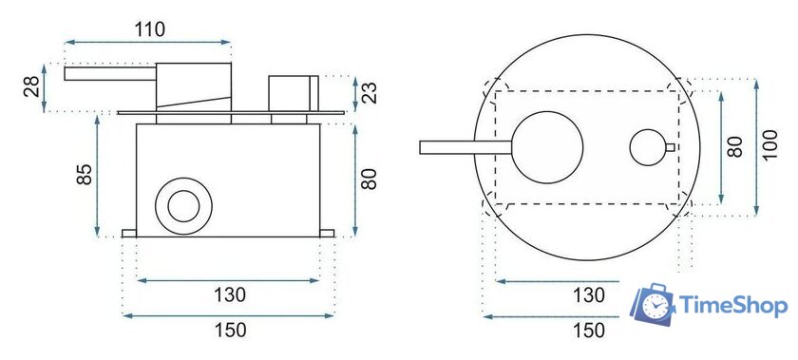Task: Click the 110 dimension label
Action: (x=150, y=30)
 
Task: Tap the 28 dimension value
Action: (x=31, y=86)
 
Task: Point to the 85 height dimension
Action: (x=84, y=174)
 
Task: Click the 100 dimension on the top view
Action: (x=770, y=144)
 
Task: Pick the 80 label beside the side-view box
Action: (x=369, y=179)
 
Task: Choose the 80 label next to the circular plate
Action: (x=735, y=146)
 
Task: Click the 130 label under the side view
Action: (x=230, y=294)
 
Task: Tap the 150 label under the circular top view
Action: (x=590, y=331)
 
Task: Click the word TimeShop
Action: (x=733, y=307)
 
